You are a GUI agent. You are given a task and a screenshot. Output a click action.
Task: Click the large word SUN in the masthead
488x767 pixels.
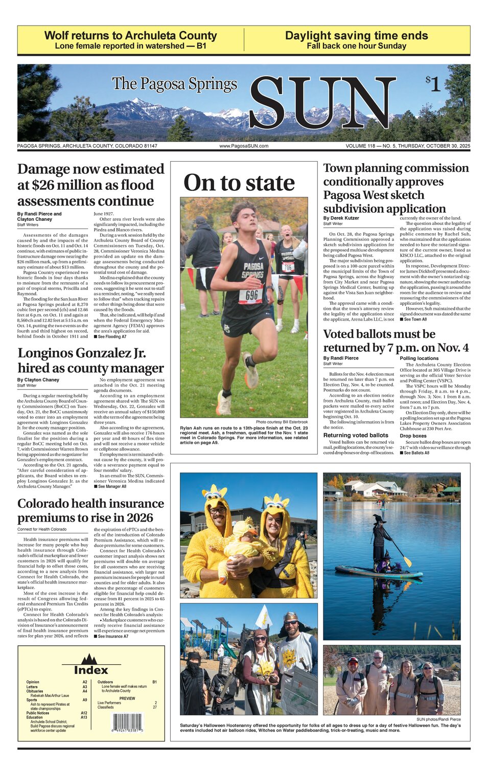click(x=322, y=104)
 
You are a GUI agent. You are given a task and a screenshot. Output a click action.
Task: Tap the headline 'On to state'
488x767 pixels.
click(x=239, y=183)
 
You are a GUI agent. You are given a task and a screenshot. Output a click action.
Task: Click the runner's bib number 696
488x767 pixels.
click(x=251, y=295)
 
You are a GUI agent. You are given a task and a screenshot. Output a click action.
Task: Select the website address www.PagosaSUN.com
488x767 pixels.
click(x=244, y=146)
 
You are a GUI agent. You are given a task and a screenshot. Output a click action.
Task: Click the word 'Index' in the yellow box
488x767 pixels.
click(x=91, y=670)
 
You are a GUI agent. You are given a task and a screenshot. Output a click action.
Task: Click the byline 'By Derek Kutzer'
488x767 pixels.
click(x=341, y=218)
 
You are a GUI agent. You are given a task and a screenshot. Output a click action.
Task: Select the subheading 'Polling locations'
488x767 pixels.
click(x=419, y=358)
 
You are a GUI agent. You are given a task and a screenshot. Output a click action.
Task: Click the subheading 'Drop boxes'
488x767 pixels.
click(x=413, y=436)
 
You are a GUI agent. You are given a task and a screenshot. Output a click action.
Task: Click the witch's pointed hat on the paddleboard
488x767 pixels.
click(x=378, y=518)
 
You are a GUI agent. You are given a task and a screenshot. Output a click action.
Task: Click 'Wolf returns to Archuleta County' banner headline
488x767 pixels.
click(x=130, y=35)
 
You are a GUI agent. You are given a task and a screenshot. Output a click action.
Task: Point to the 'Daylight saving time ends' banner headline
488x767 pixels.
click(x=356, y=35)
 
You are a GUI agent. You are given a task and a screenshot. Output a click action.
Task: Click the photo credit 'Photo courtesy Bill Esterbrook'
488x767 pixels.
click(x=282, y=422)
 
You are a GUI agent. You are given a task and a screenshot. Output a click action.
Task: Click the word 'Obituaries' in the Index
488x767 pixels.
click(x=35, y=691)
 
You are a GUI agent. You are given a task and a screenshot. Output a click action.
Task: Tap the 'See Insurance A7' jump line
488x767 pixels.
click(x=112, y=637)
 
